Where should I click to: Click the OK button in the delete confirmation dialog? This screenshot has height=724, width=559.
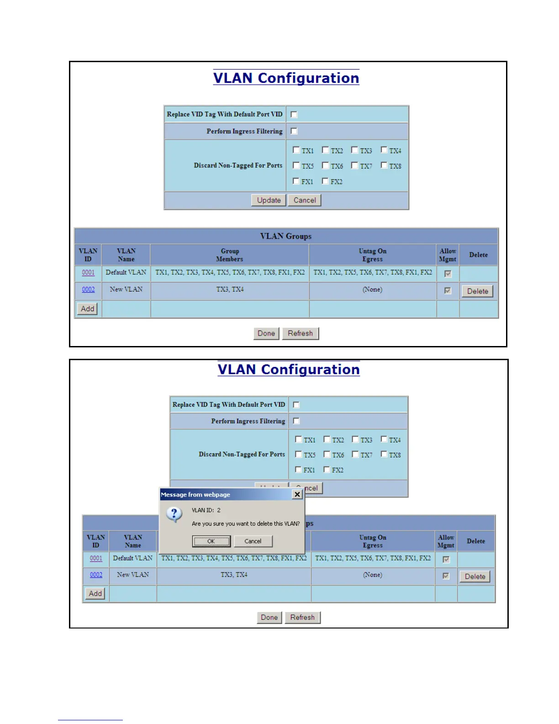[x=211, y=541]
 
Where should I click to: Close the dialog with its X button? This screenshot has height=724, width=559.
[x=297, y=495]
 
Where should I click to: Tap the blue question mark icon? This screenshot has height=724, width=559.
[x=174, y=514]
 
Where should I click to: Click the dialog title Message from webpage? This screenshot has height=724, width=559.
[x=195, y=495]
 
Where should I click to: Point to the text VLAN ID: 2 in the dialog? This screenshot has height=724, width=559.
[x=206, y=510]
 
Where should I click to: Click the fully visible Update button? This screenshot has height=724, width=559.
[x=269, y=200]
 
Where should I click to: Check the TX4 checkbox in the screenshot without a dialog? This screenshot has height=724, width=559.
[x=384, y=150]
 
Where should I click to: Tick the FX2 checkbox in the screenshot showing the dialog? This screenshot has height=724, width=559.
[x=327, y=469]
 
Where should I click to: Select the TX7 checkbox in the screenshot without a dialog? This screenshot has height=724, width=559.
[x=354, y=165]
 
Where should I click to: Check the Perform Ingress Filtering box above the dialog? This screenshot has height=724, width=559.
[x=296, y=421]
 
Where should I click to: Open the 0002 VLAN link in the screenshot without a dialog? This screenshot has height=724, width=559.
[x=89, y=289]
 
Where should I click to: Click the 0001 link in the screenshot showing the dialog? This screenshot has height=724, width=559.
[x=96, y=558]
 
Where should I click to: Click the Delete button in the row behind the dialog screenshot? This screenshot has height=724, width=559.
[x=475, y=576]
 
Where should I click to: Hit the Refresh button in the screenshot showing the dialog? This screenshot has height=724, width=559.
[x=302, y=618]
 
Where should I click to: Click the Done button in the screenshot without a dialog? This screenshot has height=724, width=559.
[x=266, y=334]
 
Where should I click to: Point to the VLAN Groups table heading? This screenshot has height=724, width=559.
[x=286, y=236]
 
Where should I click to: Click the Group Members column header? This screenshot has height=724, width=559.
[x=230, y=255]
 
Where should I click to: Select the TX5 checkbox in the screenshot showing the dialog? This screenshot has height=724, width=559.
[x=299, y=454]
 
